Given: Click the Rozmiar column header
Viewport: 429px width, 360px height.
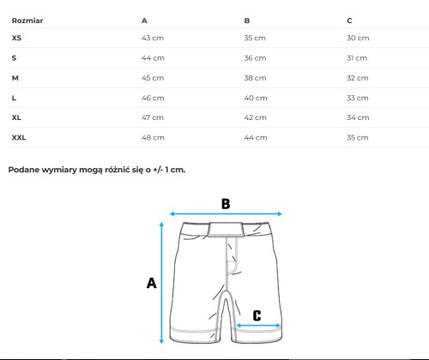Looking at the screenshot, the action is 27,21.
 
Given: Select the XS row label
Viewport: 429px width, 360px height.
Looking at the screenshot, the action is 16,38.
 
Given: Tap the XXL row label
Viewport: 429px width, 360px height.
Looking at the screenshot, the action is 19,137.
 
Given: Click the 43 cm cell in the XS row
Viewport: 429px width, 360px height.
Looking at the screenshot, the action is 153,38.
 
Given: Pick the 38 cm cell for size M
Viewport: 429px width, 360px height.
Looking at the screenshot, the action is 255,78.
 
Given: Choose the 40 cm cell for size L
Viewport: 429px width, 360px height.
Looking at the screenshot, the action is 256,98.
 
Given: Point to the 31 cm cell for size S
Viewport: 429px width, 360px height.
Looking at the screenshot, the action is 357,58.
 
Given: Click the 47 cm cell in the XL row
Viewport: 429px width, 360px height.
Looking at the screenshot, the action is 153,117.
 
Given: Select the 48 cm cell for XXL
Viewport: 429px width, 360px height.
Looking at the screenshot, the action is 153,137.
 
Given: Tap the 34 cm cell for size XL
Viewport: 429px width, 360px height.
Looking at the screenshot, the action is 358,117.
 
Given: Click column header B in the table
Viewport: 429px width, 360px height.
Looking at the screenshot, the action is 247,21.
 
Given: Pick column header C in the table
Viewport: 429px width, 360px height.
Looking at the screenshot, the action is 349,21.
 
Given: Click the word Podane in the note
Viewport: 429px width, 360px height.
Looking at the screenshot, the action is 24,170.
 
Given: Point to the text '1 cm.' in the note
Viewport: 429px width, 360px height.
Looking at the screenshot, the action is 175,170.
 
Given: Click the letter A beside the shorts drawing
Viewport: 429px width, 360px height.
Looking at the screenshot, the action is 151,283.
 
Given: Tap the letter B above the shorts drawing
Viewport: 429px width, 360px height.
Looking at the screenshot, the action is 226,204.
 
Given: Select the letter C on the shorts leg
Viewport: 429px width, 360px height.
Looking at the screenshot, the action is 257,315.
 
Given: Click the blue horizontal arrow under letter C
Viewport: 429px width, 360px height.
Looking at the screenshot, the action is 258,325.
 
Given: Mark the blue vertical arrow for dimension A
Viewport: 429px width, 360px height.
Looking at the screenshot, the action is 161,283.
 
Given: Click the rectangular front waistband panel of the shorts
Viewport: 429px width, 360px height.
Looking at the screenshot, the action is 226,230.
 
